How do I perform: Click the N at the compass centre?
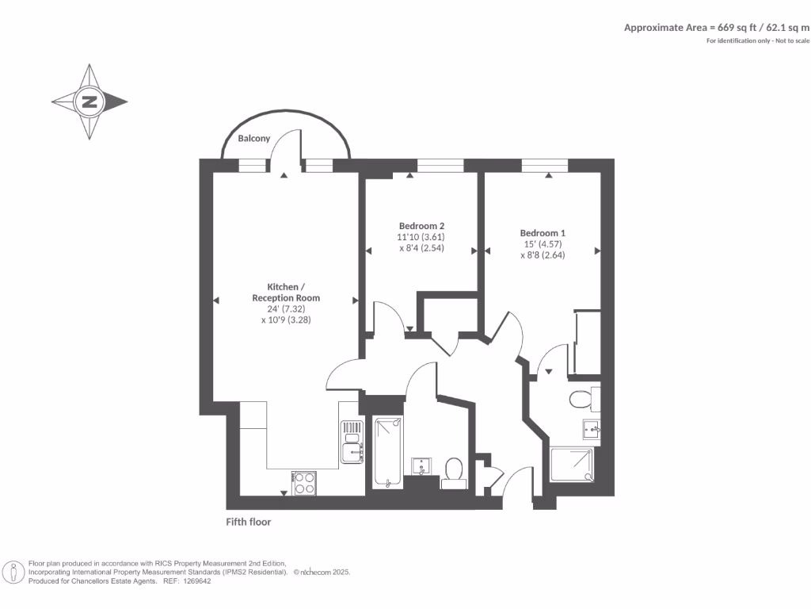click(89, 101)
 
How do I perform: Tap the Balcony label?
click(254, 138)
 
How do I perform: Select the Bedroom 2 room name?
click(421, 225)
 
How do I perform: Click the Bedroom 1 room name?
click(543, 232)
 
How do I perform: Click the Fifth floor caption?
click(249, 522)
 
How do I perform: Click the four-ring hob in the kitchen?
click(305, 483)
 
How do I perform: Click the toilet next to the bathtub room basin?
click(455, 469)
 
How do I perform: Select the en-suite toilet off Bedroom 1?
click(582, 398)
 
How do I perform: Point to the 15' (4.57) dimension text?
click(543, 244)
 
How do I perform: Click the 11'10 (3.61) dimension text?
click(421, 237)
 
